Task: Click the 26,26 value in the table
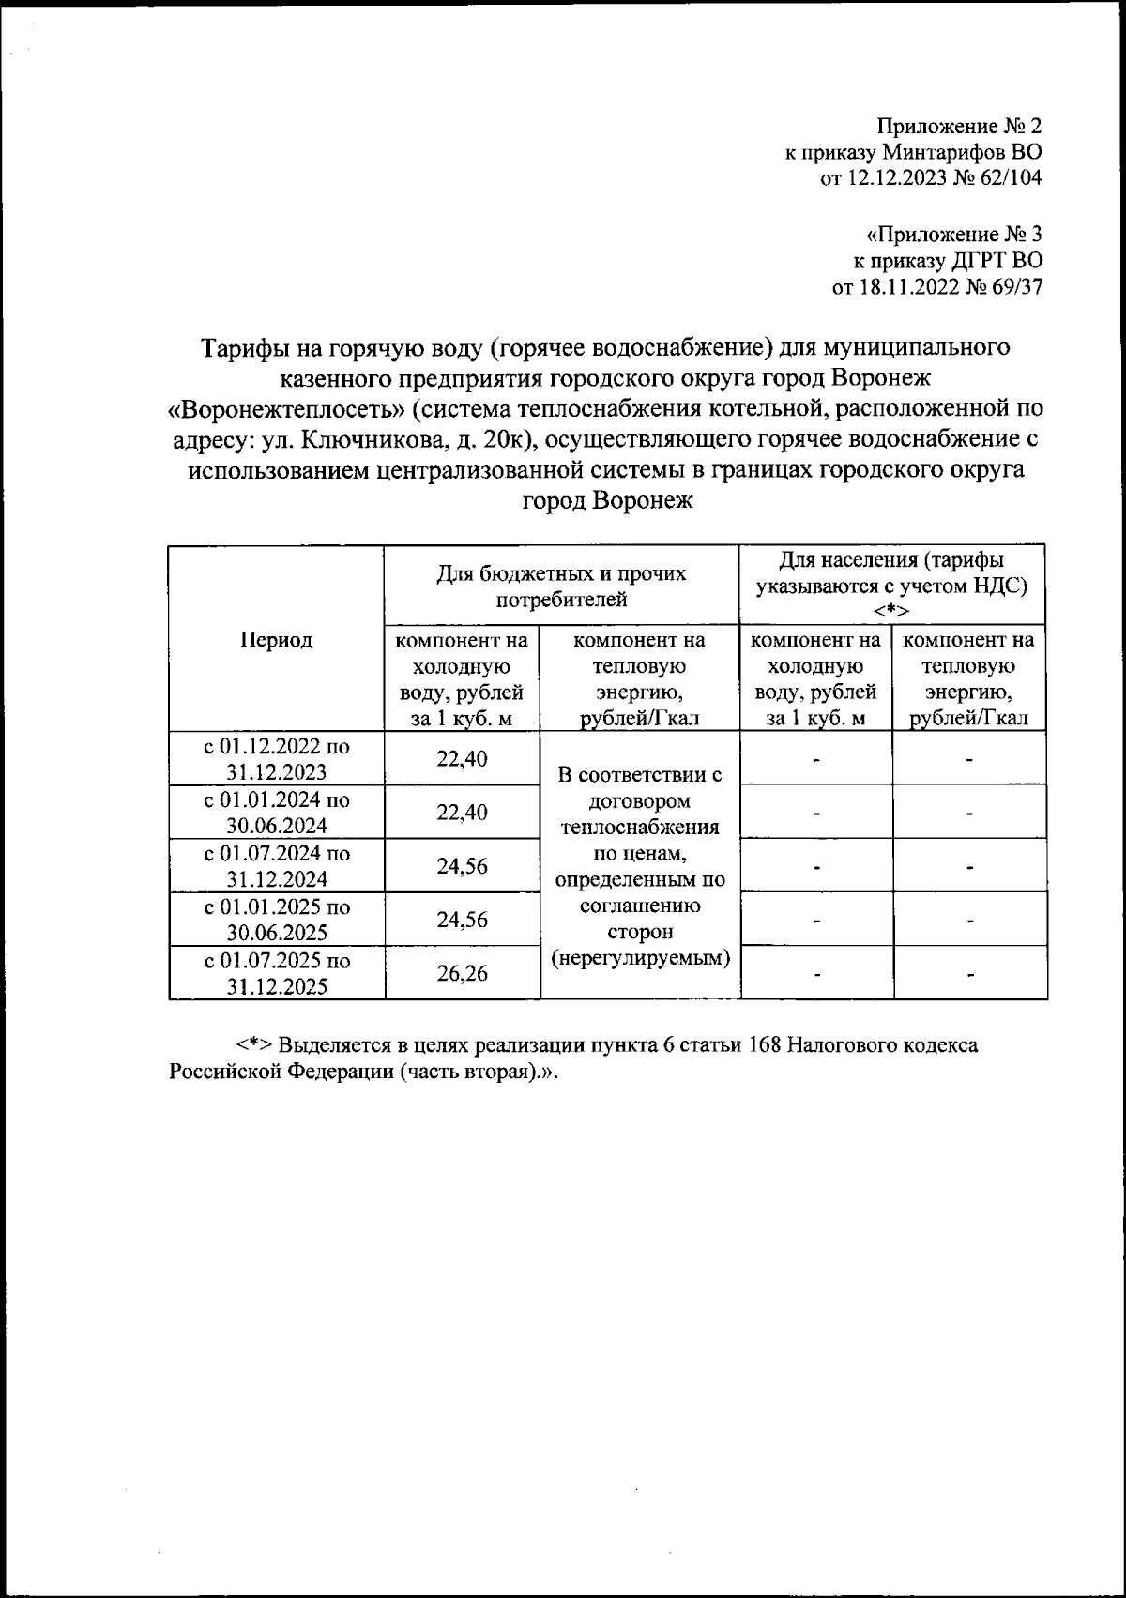(x=462, y=974)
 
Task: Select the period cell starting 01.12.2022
(x=276, y=759)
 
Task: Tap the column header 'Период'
(x=276, y=640)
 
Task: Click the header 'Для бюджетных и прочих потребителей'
(x=561, y=586)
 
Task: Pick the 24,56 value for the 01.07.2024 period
(x=462, y=866)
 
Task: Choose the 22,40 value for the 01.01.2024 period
(x=462, y=813)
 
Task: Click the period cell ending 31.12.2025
(x=276, y=973)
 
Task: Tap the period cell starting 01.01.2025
(x=276, y=920)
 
